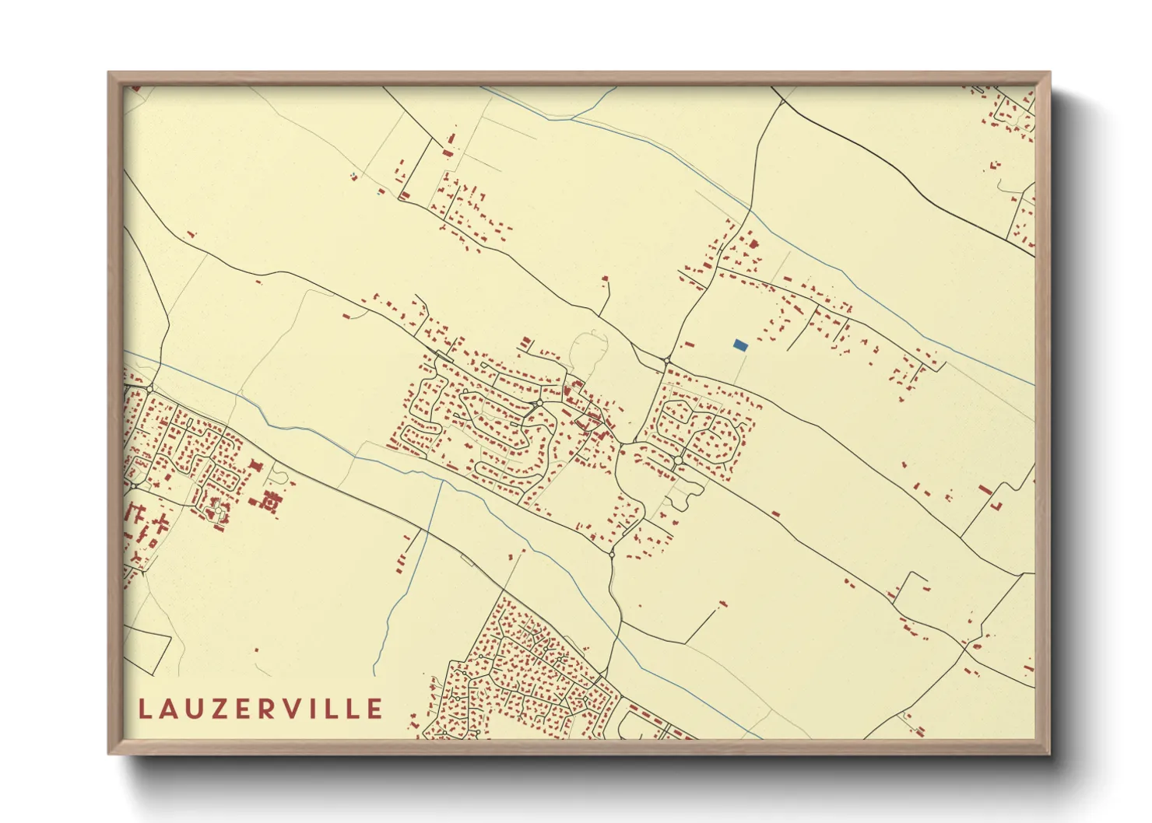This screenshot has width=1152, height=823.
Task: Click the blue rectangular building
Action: click(x=740, y=345)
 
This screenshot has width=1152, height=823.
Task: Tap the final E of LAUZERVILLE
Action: click(x=375, y=709)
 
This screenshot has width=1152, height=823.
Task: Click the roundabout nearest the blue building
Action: click(x=667, y=361)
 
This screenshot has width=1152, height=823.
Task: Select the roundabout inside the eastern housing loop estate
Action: click(x=679, y=461)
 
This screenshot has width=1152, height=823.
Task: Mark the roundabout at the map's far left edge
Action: click(x=134, y=486)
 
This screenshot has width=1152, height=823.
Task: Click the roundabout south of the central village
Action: click(x=612, y=554)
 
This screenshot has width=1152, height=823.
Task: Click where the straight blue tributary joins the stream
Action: click(x=442, y=480)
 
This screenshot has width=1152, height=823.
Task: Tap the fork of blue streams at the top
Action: click(x=574, y=118)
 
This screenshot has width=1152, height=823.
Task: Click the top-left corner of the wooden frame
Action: click(x=109, y=73)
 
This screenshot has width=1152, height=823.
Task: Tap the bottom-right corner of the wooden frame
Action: click(x=1049, y=754)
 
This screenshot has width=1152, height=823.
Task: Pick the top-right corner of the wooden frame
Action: click(x=1049, y=73)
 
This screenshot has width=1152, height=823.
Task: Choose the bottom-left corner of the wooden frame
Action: click(x=109, y=754)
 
